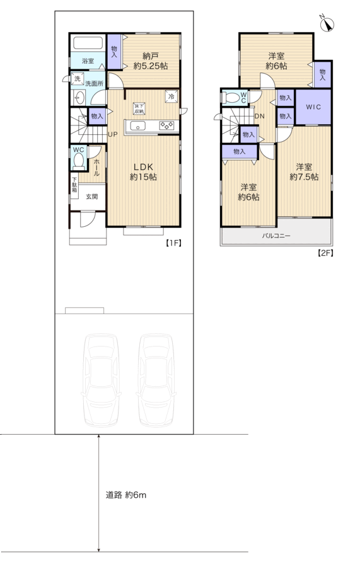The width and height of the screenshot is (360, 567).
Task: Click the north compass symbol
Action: click(x=327, y=23)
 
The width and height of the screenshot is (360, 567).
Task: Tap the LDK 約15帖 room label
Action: click(x=144, y=172)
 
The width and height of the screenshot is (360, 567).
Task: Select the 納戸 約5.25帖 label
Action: click(x=151, y=61)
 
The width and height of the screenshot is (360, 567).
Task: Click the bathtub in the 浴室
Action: click(x=88, y=43)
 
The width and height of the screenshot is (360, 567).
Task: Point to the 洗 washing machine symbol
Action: click(x=77, y=79)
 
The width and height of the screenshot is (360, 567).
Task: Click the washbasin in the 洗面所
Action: click(x=79, y=97)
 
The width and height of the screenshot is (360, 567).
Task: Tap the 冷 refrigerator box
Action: click(x=171, y=96)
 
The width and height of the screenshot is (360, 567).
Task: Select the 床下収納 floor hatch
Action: click(x=139, y=108)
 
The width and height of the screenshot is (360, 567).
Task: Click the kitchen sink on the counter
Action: click(x=138, y=126)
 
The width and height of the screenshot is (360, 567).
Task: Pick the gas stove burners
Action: click(x=167, y=125)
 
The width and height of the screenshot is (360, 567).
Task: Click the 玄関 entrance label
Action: click(x=91, y=197)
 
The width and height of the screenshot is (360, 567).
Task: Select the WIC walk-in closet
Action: click(x=313, y=107)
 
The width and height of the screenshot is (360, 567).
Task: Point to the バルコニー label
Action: click(x=276, y=236)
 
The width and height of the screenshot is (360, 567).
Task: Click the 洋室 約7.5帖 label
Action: click(x=304, y=172)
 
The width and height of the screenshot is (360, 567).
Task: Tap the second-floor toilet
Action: click(x=231, y=98)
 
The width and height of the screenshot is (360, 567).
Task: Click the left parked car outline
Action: click(x=101, y=380)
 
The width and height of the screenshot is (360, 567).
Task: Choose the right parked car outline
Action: click(x=156, y=380)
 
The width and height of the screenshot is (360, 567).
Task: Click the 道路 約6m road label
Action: click(x=126, y=495)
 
